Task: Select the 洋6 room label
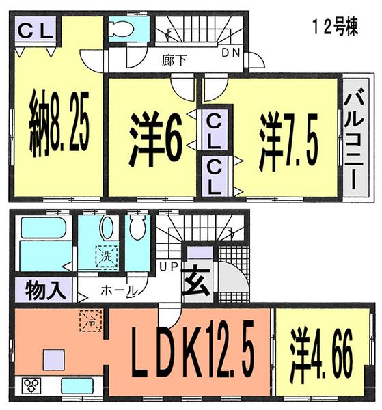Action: (x=156, y=140)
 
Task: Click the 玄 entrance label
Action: (x=195, y=281)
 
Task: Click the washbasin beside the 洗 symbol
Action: (x=107, y=230)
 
